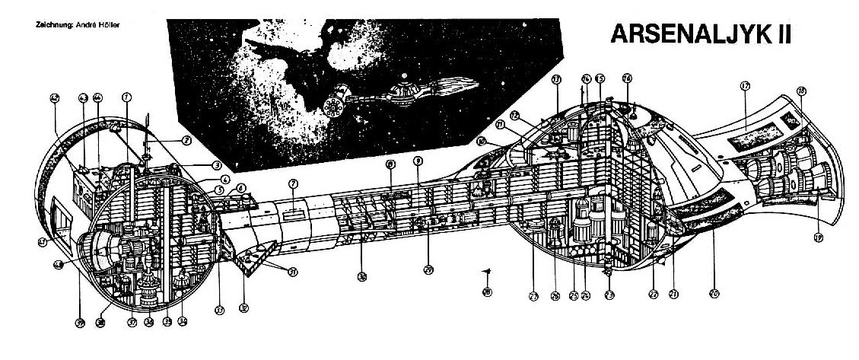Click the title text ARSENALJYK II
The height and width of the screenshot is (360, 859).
coord(698,34)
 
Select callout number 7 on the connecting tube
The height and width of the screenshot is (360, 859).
coord(294,183)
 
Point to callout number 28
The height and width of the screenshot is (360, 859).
coord(487,292)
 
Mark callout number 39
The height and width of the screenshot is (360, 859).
coord(79,323)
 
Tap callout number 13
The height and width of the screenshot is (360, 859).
coord(557,79)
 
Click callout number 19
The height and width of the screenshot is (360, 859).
coord(818,237)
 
